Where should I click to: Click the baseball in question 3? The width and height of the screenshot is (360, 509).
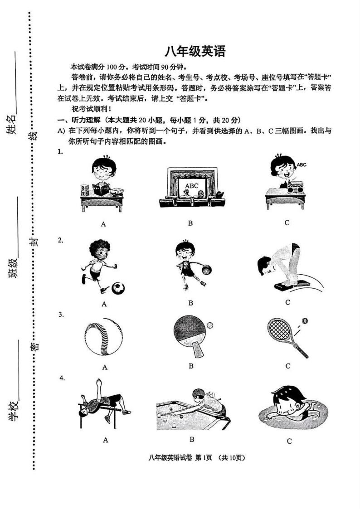coord(104,339)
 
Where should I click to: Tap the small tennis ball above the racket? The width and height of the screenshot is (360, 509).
coord(305,321)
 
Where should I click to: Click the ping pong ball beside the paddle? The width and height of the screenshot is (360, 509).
coord(209,325)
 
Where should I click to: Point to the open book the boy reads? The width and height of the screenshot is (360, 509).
coord(101,190)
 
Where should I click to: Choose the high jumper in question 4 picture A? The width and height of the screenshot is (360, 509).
coord(102,401)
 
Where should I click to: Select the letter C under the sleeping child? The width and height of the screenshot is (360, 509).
coord(289,441)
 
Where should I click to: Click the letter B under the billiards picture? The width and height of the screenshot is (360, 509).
coord(192,439)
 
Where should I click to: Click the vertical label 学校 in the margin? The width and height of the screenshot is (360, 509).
coord(13,411)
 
